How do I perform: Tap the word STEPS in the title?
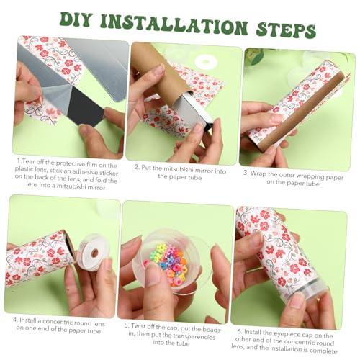(x=286, y=31)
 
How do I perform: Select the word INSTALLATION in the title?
(x=174, y=24)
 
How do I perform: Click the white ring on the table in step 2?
(x=206, y=61)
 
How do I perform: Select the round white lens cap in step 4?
(x=92, y=253)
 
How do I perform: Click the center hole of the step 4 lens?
(x=95, y=253)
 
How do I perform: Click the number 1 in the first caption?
(x=19, y=161)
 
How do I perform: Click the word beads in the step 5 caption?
(x=211, y=330)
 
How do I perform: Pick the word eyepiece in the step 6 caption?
(x=287, y=334)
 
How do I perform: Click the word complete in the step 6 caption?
(x=322, y=351)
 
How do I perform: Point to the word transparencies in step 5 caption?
(x=194, y=336)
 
